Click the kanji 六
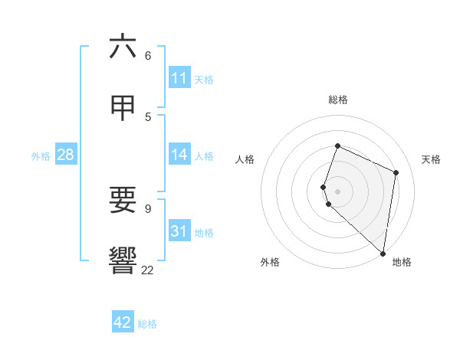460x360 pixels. (123, 47)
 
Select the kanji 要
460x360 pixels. (123, 201)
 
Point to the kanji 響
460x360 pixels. (123, 260)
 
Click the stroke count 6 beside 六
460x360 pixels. (148, 56)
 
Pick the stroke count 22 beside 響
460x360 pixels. (147, 270)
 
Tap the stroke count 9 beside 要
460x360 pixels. (148, 208)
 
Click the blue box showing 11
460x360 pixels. (179, 78)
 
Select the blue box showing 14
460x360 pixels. (179, 155)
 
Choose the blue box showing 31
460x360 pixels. (179, 231)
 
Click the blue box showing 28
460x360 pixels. (66, 155)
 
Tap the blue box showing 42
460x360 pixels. (123, 322)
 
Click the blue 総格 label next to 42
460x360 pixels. (147, 324)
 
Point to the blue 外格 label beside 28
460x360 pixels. (41, 156)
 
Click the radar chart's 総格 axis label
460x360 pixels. (338, 100)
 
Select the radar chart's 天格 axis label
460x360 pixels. (431, 159)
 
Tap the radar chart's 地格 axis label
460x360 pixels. (402, 262)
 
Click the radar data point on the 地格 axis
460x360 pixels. (383, 254)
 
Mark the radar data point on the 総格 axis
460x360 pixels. (337, 146)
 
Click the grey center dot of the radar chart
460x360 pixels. (337, 191)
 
